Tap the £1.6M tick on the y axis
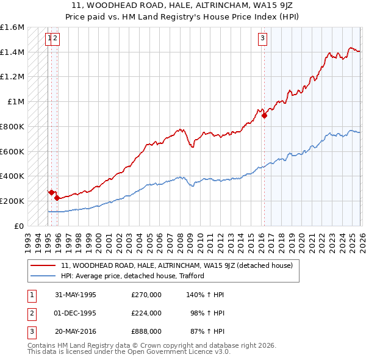click(x=12, y=27)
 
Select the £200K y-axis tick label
click(x=12, y=201)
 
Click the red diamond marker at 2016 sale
click(x=264, y=116)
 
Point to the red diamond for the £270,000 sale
click(x=51, y=192)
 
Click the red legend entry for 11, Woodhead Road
click(x=177, y=265)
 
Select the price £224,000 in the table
click(x=146, y=312)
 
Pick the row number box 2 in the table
click(x=30, y=312)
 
